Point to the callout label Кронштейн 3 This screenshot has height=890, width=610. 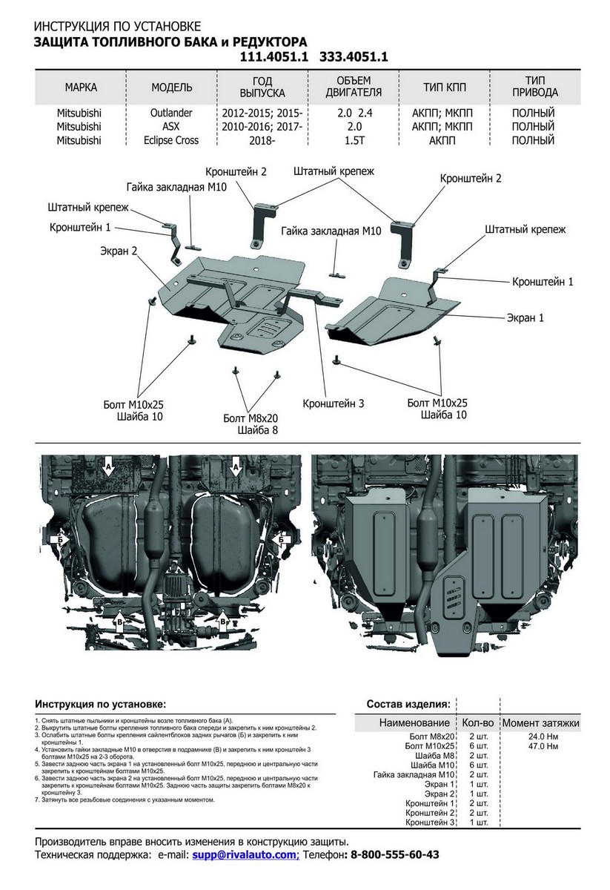pos(334,404)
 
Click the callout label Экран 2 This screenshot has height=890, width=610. pos(119,251)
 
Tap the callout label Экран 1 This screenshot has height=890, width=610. pos(526,317)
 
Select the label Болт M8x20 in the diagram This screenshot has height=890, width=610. pos(250,418)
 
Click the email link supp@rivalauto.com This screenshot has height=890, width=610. pos(244,855)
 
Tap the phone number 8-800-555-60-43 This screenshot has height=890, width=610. pos(394,855)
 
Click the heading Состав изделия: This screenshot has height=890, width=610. pos(408,704)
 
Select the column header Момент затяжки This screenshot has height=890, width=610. pos(541,722)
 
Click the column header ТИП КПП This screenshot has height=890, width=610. pos(445,88)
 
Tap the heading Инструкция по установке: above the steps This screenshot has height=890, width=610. pos(101,704)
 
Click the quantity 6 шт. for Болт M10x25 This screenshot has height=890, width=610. pos(479,745)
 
